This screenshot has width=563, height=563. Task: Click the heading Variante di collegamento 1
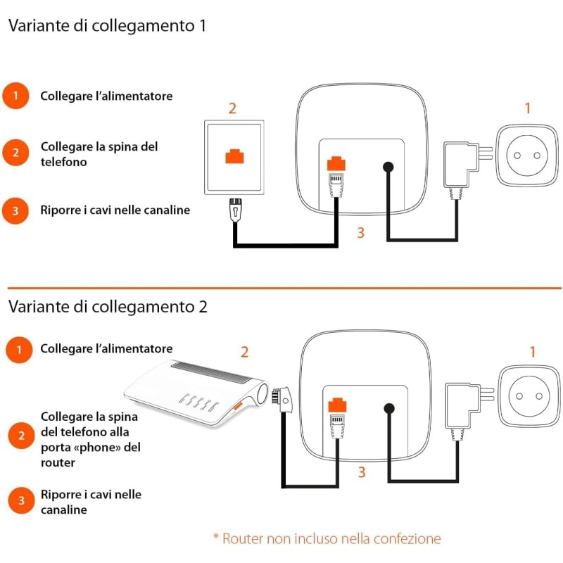click(107, 26)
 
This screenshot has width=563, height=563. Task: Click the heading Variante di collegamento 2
click(108, 307)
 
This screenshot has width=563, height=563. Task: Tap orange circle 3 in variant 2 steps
click(21, 500)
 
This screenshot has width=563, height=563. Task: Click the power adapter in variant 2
click(461, 406)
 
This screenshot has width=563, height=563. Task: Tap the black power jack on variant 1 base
click(387, 167)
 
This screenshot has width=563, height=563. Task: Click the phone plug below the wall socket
click(235, 210)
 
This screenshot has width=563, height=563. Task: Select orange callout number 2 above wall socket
click(232, 108)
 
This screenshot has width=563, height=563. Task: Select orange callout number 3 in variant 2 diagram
click(361, 472)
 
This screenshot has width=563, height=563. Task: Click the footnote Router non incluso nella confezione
click(327, 539)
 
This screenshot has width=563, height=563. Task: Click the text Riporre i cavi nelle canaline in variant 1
click(115, 210)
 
